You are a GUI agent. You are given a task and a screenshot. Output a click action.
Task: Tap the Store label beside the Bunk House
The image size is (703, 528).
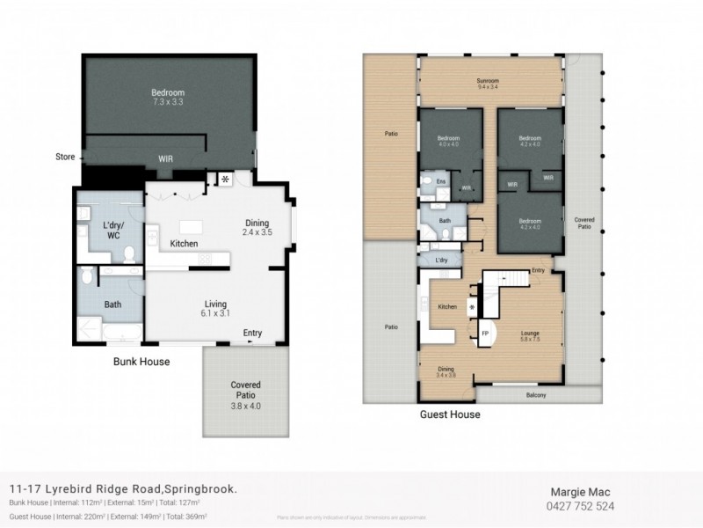point(63,158)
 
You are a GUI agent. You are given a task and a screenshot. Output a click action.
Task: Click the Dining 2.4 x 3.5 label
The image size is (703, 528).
point(256,228)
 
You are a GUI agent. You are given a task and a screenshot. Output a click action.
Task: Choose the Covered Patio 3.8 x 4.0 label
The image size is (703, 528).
point(246,390)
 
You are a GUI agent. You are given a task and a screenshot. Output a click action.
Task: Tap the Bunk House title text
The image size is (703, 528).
point(141,362)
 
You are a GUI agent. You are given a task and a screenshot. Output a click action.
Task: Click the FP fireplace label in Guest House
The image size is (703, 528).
point(484,334)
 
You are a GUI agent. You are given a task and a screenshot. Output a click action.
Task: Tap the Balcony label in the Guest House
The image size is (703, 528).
point(536,395)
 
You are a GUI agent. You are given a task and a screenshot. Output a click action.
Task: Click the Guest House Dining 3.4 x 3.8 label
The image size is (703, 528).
point(446,372)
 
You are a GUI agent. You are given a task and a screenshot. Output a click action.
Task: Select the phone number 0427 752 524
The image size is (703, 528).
point(581,506)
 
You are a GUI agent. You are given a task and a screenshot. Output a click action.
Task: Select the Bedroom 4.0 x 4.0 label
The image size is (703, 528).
point(450,141)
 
